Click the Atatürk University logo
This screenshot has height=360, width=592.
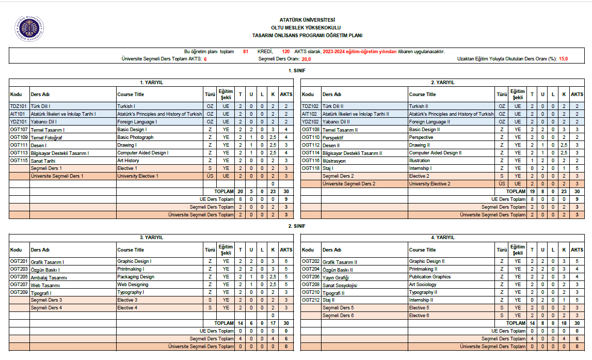click(29, 29)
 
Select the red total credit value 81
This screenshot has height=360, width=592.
click(246, 52)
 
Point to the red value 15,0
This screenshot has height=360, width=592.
click(563, 59)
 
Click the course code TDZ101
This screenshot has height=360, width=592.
click(18, 106)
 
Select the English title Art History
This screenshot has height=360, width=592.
click(128, 161)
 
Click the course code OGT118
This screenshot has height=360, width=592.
click(311, 168)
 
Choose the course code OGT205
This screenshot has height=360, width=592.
click(19, 277)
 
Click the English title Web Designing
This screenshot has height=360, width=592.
click(133, 285)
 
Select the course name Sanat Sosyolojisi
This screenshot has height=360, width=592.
click(340, 285)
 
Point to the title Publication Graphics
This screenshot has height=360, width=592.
click(430, 277)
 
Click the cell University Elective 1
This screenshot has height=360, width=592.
click(138, 176)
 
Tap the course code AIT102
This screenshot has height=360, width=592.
click(310, 114)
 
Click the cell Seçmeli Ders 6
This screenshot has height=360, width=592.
click(338, 316)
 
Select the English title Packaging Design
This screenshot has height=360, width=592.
click(136, 277)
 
